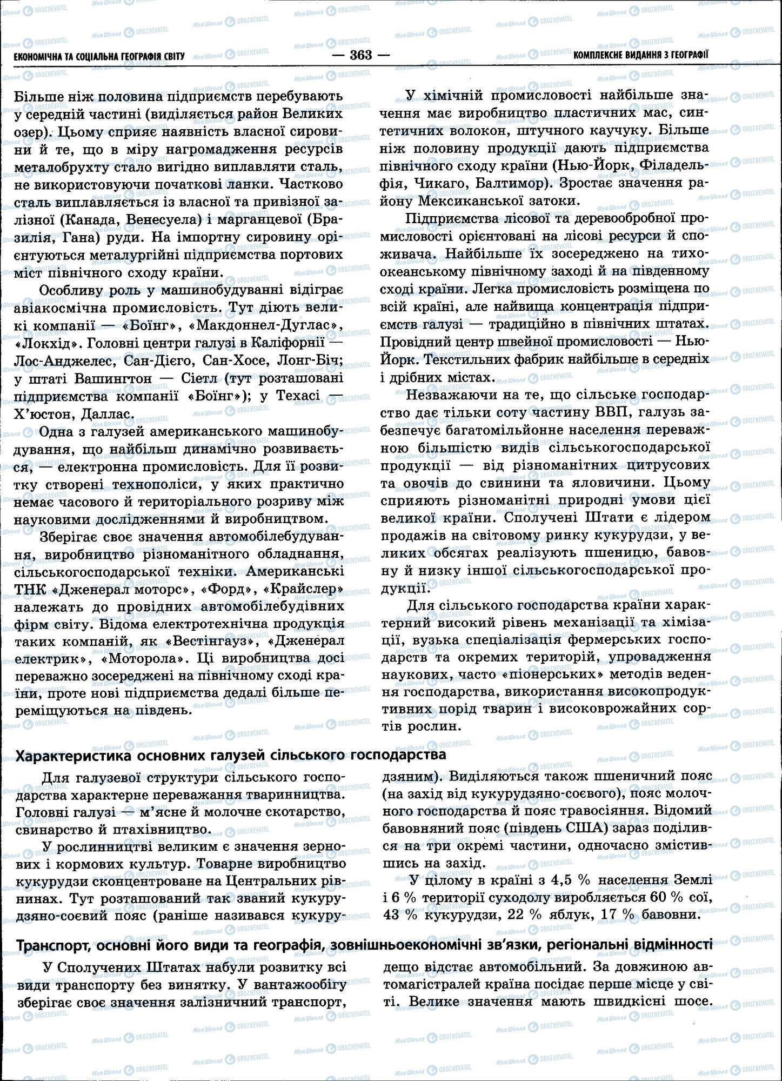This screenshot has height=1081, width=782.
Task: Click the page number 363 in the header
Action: pyautogui.click(x=361, y=55)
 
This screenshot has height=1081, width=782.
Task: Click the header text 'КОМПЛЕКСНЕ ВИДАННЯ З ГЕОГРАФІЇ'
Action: pyautogui.click(x=640, y=55)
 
